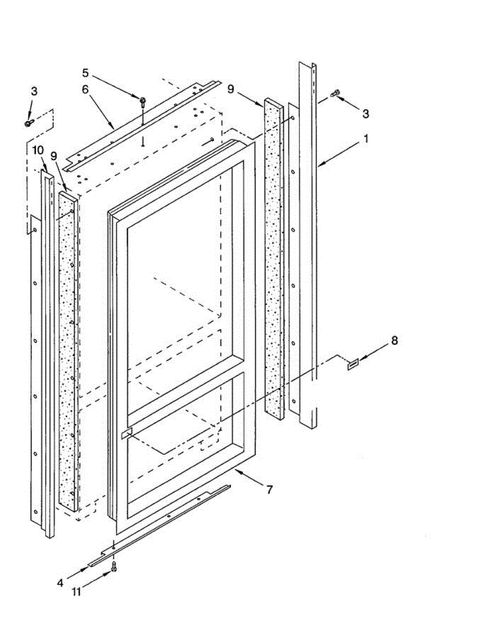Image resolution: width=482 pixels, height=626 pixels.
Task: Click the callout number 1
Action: tap(366, 139)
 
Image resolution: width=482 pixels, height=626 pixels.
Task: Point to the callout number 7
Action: tap(269, 490)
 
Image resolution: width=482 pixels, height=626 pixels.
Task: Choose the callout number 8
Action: tap(394, 341)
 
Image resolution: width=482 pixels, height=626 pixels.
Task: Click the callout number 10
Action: tap(37, 151)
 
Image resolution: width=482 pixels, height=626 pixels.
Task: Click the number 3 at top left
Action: tap(34, 91)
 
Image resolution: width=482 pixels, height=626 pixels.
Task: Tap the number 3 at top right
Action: tap(366, 113)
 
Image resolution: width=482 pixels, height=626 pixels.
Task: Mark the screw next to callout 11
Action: tap(114, 567)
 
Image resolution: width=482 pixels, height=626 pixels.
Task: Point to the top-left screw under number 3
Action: tap(29, 123)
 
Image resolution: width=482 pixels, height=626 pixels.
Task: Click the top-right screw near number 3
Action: tap(335, 94)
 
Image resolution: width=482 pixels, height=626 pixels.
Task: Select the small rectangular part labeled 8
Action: tap(353, 364)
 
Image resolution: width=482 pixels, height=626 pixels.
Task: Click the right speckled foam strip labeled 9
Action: tap(274, 261)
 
